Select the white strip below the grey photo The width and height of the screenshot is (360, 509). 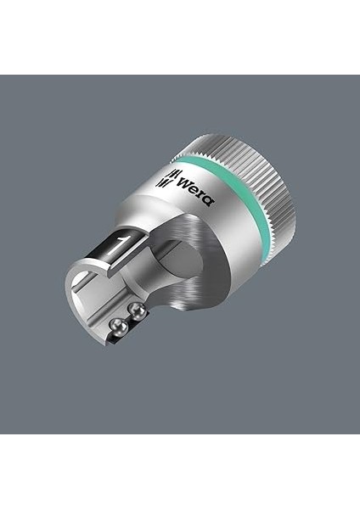[180, 472]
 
